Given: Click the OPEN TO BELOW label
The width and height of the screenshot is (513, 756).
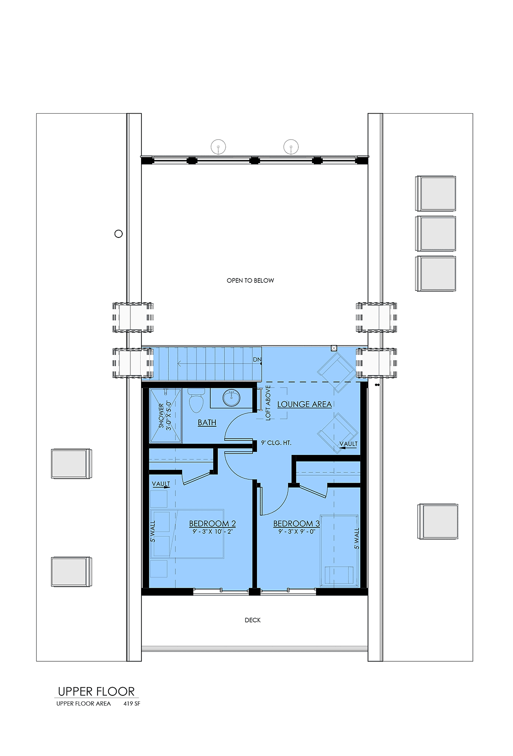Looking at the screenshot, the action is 250,281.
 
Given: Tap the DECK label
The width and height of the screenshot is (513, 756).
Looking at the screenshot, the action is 253,620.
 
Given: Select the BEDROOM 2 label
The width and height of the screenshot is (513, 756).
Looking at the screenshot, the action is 212,524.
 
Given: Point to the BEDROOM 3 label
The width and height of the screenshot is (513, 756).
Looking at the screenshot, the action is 296,524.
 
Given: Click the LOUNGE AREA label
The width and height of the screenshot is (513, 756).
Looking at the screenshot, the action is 304,404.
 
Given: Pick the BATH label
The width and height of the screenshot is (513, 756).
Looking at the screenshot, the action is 207,422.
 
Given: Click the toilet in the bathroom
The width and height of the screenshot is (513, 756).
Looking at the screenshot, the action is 196,401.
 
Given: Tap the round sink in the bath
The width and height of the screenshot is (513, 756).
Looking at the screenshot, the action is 231,398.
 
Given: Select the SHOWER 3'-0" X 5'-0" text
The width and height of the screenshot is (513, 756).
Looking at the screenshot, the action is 165,416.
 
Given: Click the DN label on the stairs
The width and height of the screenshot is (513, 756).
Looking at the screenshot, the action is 257,360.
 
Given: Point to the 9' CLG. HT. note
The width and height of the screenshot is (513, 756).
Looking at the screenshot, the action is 276,443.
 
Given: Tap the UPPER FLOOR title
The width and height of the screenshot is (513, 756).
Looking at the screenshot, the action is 96,692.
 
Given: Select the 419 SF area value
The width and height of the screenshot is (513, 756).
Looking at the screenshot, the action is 132,703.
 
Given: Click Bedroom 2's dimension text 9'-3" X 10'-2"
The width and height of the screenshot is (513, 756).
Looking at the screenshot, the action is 212,532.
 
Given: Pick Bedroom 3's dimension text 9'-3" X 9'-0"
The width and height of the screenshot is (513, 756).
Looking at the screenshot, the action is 296,532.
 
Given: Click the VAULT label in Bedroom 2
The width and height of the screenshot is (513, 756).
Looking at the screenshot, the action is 161,484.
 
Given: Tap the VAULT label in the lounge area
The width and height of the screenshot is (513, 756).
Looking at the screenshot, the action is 348,444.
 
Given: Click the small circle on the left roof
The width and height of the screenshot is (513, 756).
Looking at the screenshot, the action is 119,234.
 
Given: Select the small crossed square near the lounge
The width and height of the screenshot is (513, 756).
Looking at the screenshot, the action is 334,349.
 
